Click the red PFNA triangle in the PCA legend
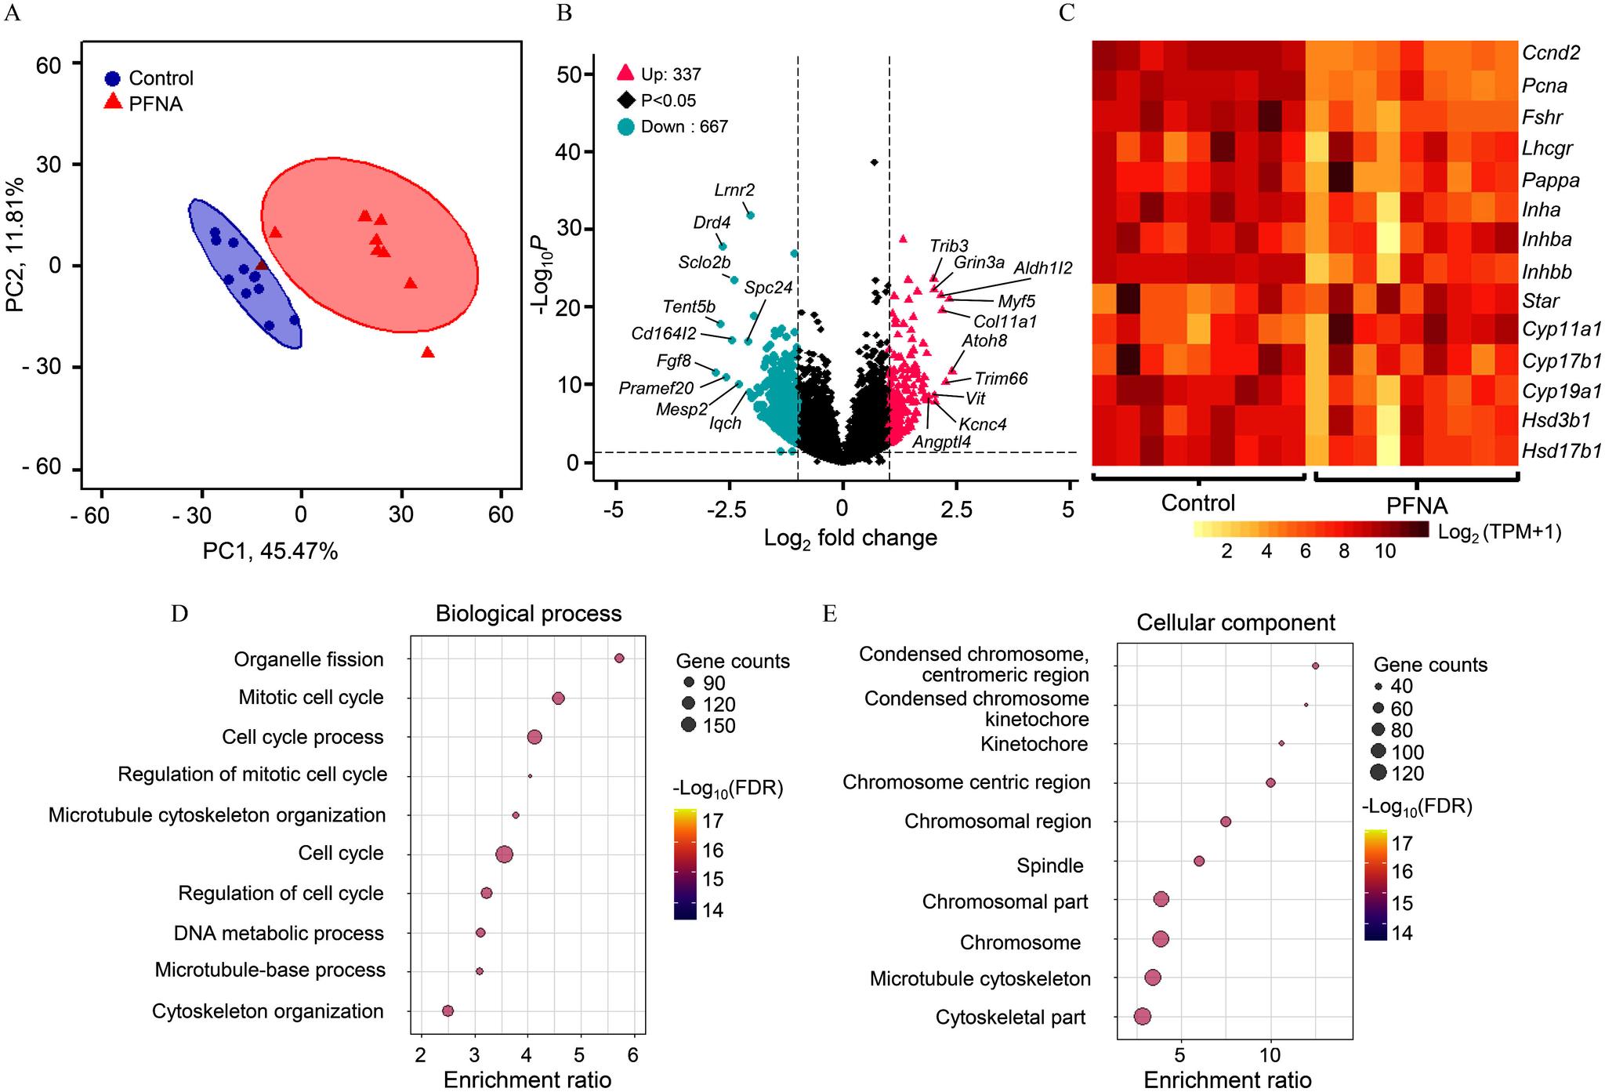(114, 102)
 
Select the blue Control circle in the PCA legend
(114, 78)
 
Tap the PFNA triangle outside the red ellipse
(427, 353)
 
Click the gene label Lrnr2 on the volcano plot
(734, 190)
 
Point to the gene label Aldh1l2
(1042, 268)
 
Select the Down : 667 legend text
(684, 126)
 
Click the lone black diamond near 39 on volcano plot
(874, 162)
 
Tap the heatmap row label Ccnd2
(1550, 53)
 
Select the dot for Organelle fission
(619, 658)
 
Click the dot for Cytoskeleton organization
(447, 1011)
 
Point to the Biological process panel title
(528, 613)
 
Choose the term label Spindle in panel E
(1049, 865)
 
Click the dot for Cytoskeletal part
(1142, 1017)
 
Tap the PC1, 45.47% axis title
(270, 552)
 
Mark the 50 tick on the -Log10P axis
(570, 74)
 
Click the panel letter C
(1066, 14)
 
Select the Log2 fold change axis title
(850, 539)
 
